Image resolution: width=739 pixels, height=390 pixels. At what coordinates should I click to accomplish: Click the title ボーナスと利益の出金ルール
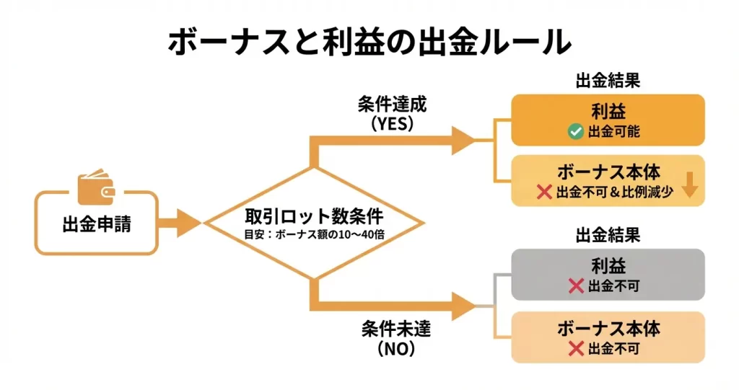coord(369,42)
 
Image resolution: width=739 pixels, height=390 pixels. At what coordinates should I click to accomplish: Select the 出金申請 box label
coord(96,224)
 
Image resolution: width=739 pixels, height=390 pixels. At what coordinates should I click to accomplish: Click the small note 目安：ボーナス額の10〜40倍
coord(312,235)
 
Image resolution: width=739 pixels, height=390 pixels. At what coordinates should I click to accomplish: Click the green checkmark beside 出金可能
coord(576,132)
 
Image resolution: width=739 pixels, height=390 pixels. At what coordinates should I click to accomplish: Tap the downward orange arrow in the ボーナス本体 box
coord(688,186)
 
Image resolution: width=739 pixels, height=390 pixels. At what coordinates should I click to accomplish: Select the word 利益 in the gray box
coord(608,266)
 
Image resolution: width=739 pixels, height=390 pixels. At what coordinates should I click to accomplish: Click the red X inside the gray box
coord(576,286)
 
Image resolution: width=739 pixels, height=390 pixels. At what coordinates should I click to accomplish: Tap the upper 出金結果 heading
coord(608,81)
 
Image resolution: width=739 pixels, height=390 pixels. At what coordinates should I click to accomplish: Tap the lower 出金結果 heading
coord(608,235)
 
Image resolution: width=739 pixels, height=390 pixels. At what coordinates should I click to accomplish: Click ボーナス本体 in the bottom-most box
coord(608,329)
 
